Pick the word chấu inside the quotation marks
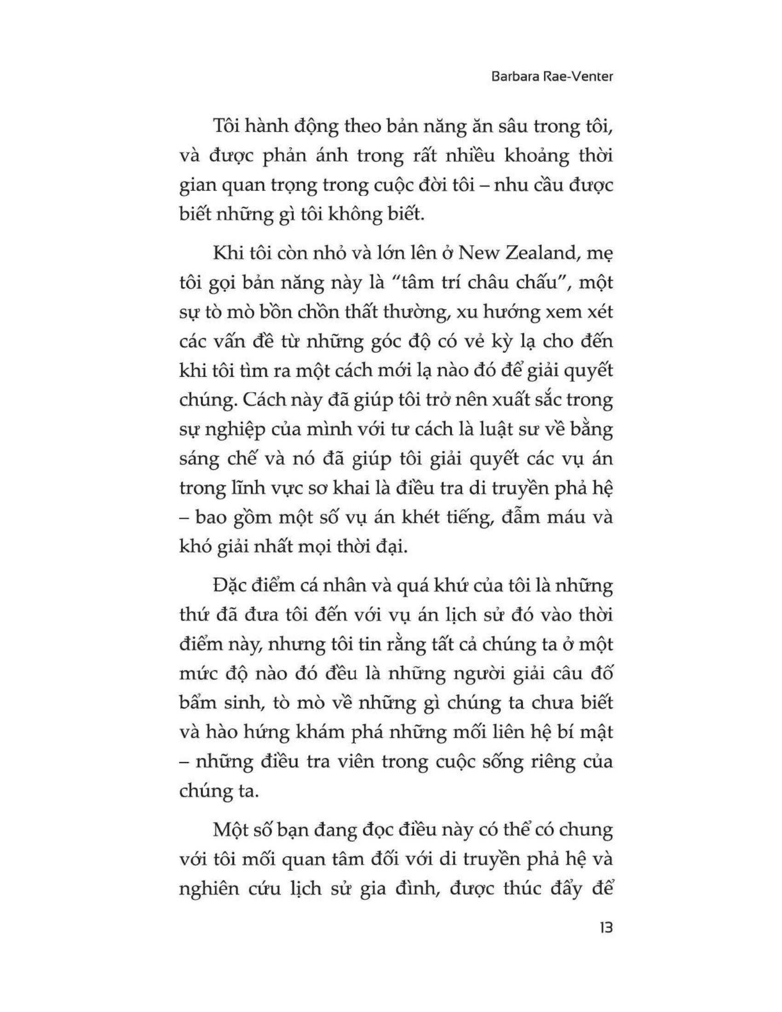[x=535, y=282]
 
